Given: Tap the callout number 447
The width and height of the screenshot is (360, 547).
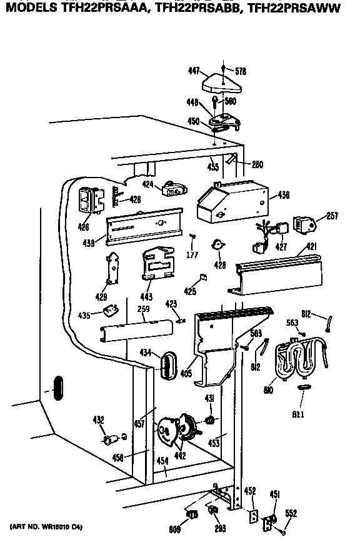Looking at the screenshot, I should coord(193,72).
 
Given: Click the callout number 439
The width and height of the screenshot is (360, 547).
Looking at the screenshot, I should coord(89,243).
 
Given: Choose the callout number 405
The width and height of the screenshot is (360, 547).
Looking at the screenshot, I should coord(186,374).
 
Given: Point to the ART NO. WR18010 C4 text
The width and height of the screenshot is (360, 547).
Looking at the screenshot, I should coord(46,526).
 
